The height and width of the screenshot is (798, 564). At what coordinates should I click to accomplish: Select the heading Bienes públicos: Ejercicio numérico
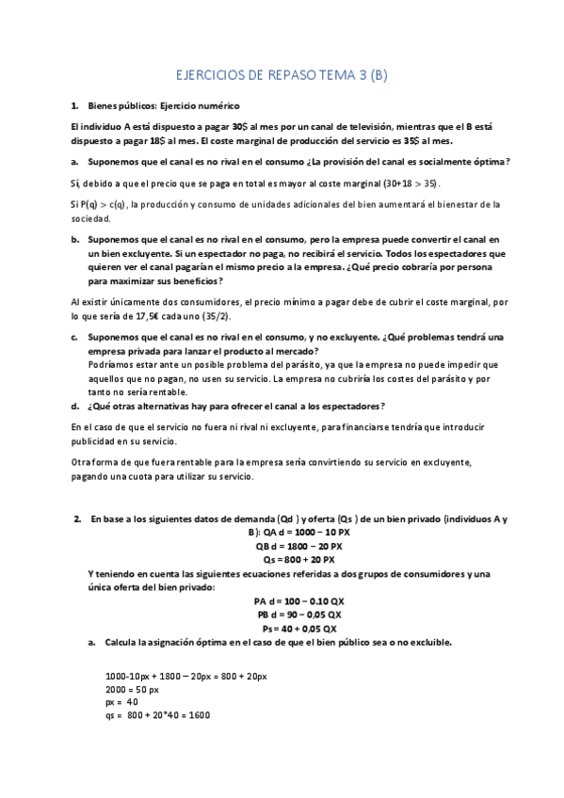pos(164,106)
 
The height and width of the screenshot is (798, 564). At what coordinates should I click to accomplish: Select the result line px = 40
pos(122,701)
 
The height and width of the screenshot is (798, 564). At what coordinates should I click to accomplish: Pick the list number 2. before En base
pos(77,519)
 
